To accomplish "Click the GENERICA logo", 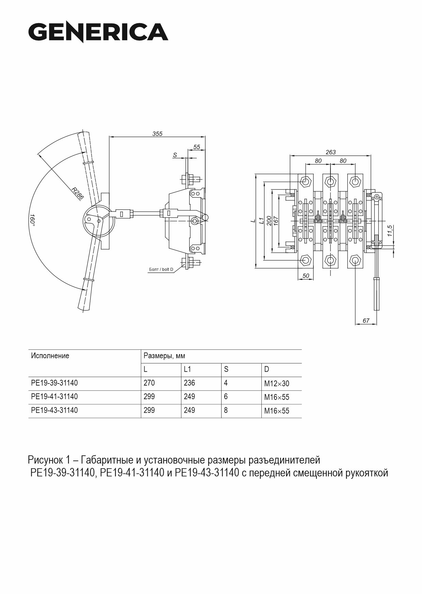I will [x=98, y=32].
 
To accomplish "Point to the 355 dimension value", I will [x=157, y=134].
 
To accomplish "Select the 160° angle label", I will [x=32, y=219].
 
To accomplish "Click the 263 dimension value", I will [x=330, y=152].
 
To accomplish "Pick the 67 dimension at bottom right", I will [x=366, y=321].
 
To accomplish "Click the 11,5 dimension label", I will [x=390, y=231].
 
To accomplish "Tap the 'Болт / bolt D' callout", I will [x=161, y=269].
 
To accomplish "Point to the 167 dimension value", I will [x=276, y=221].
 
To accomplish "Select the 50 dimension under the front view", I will [x=306, y=276].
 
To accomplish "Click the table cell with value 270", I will [x=149, y=383].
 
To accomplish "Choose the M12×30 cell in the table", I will [x=277, y=384].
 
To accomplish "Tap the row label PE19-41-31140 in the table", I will [x=54, y=396].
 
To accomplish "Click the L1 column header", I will [x=187, y=369].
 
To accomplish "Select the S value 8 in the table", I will [x=226, y=410].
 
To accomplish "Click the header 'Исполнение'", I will [x=50, y=356].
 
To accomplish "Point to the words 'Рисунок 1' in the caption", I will [x=45, y=460].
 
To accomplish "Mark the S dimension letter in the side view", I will [x=175, y=155].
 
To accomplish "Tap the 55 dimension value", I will [x=197, y=147].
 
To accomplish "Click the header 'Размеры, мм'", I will [x=164, y=356].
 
